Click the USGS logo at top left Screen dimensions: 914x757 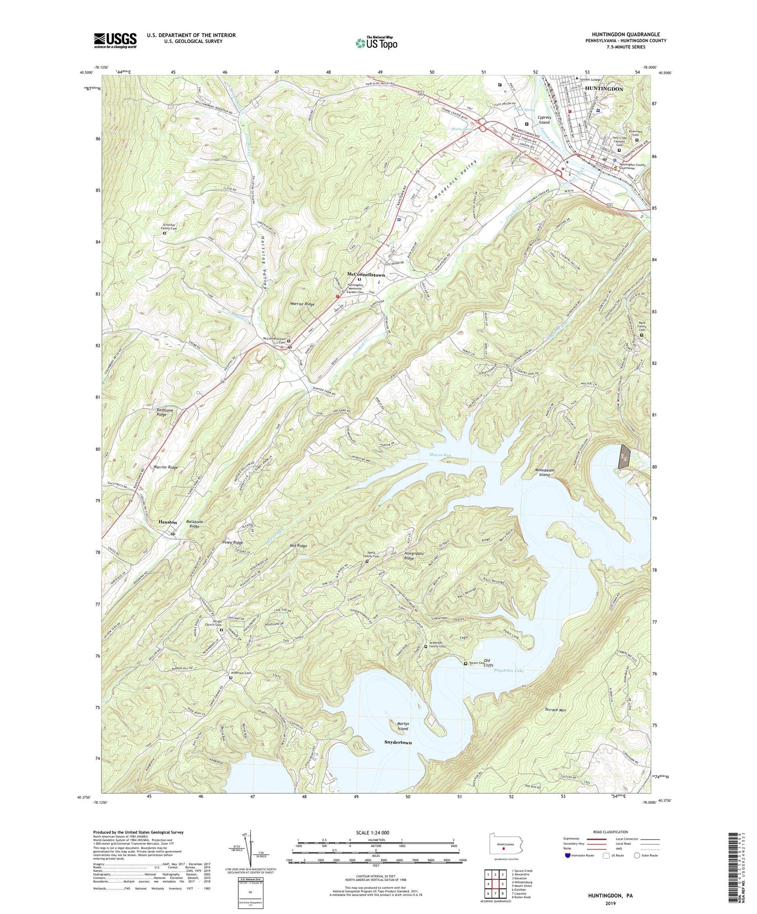[115, 40]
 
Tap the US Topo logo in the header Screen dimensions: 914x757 [376, 43]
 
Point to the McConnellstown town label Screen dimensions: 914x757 [366, 274]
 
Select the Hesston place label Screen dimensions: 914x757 [168, 522]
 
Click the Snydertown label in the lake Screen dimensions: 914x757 [398, 742]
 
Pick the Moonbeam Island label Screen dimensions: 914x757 [544, 472]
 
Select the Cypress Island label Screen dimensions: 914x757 [544, 120]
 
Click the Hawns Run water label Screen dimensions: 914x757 [440, 455]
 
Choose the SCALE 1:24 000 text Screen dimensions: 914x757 [372, 833]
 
